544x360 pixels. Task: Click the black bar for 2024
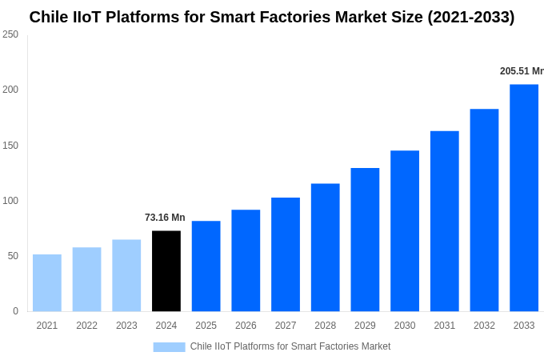click(166, 271)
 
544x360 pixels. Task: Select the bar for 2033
click(524, 198)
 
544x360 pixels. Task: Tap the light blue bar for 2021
click(47, 282)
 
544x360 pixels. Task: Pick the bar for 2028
click(326, 247)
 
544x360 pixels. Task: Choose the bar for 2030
click(405, 230)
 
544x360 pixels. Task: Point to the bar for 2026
click(246, 260)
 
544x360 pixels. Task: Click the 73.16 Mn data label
click(165, 218)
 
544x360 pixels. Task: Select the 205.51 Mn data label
click(522, 71)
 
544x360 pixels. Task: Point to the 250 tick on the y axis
click(10, 34)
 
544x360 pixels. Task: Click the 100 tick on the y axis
click(10, 201)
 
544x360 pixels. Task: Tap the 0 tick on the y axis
click(15, 311)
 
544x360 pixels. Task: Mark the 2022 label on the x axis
click(86, 326)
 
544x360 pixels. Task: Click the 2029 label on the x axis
click(365, 326)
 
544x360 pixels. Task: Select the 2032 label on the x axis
click(484, 326)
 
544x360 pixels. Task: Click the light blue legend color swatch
click(169, 347)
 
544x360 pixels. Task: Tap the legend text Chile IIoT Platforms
click(290, 346)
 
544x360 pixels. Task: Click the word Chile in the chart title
click(49, 17)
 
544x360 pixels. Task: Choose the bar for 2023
click(126, 275)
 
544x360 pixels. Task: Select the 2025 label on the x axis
click(206, 326)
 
